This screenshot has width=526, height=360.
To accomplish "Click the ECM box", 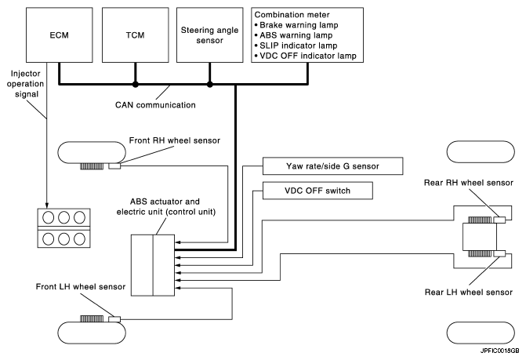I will coord(60,36).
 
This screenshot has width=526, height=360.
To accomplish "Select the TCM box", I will coord(135,36).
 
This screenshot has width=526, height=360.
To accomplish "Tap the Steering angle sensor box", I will coord(209,36).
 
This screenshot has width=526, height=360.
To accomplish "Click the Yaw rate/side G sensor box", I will coord(332,166).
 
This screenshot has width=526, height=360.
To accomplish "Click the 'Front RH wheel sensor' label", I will coord(174,140).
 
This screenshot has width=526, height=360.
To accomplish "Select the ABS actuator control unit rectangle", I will coord(153,265).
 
